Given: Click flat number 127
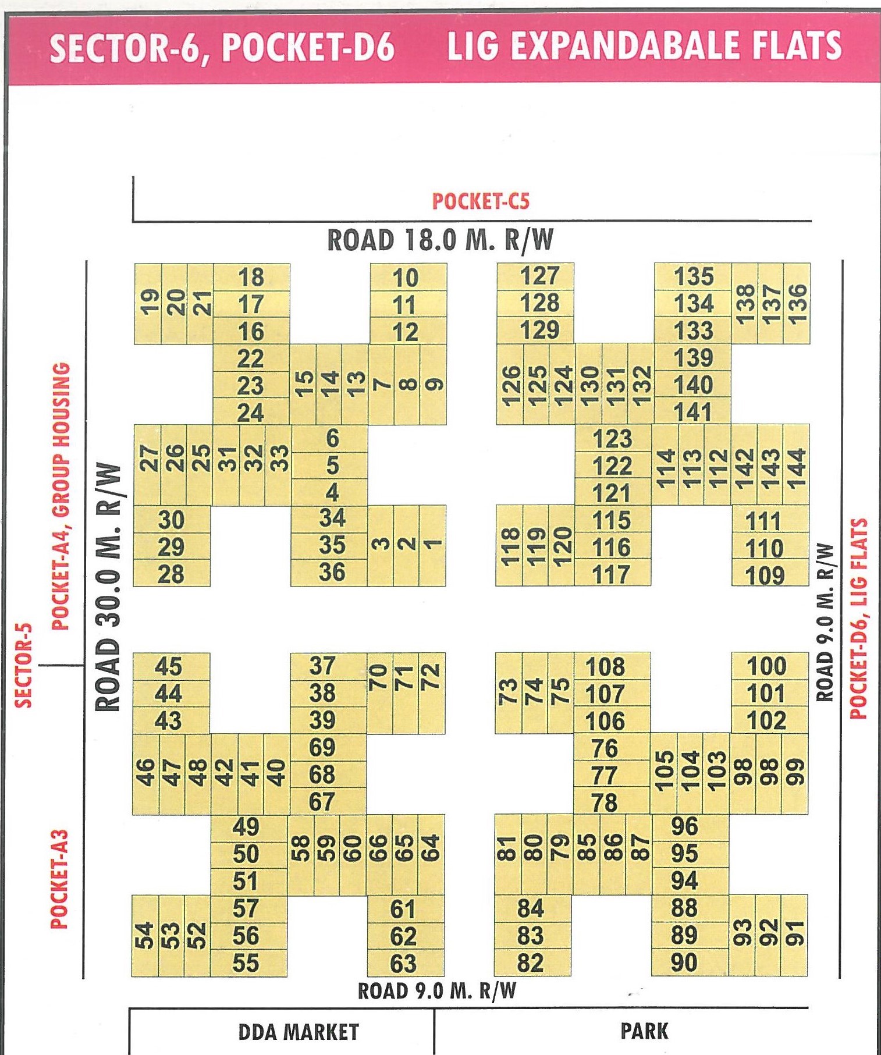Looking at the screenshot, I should pos(539,276).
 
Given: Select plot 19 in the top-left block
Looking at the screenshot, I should pos(149,303).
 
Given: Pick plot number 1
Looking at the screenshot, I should pos(432,545).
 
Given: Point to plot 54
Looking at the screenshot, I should pos(145,935).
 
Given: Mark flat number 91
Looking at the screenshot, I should pos(795,934).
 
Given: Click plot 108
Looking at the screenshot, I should pos(605,667).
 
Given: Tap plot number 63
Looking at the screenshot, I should pos(403,964).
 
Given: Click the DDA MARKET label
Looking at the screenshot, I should pos(299,1032).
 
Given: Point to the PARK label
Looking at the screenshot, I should pos(644,1031).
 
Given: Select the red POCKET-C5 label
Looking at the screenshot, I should pos(481,201).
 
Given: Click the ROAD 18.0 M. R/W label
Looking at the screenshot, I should pos(440,240).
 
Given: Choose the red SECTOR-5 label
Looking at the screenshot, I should pos(23,665).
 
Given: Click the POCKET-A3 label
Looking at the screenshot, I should pos(60,879).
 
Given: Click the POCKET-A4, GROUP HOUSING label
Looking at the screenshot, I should pos(61,496).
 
